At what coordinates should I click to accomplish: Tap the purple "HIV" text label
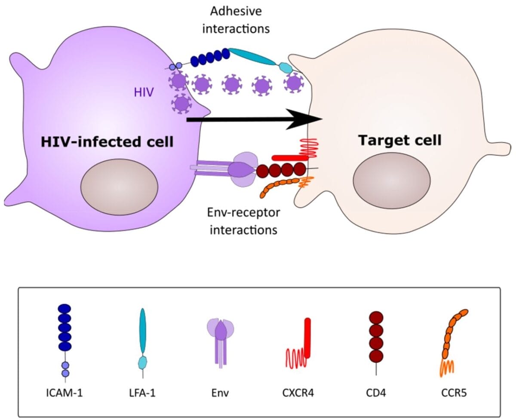tap(144, 92)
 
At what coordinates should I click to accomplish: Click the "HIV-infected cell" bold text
tap(107, 141)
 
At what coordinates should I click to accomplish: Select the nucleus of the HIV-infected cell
tap(119, 184)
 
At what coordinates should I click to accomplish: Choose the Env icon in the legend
tap(221, 340)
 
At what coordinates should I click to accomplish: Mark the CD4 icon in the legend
tap(376, 337)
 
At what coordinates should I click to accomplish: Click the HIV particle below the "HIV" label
tap(181, 103)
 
